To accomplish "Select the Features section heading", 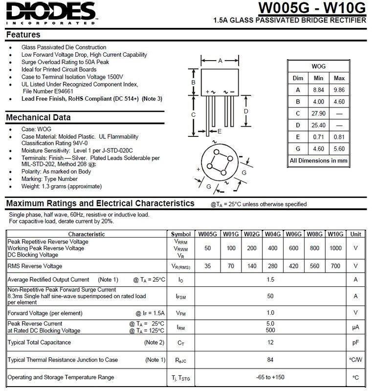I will pos(23,35).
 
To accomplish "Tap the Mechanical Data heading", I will pos(38,117).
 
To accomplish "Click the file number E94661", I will pos(48,91).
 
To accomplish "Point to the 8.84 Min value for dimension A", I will pos(318,90).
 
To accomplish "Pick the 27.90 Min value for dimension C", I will pos(318,113).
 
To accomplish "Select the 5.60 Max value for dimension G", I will pos(339,149).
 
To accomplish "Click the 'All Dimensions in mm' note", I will pos(318,160).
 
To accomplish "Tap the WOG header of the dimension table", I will pos(318,66).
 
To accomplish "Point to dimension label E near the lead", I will pos(219,131).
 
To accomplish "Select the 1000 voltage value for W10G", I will pos(335,248).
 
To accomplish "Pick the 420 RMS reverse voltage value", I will pos(293,266).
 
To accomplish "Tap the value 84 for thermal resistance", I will pos(270,360).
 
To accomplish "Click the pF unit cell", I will pos(355,343).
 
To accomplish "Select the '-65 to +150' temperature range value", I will pos(270,377).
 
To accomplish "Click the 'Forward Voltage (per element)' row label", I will pos(44,313).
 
